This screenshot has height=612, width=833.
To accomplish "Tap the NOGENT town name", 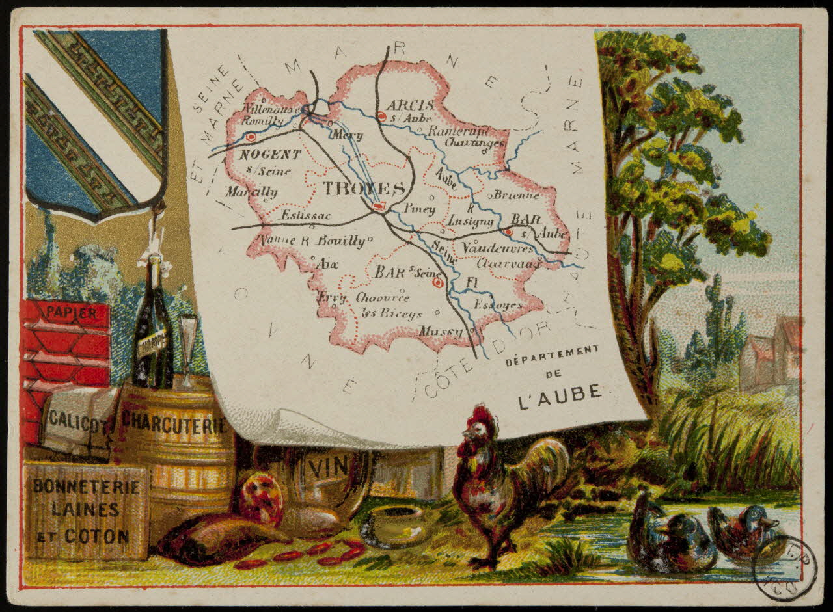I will pos(270,155).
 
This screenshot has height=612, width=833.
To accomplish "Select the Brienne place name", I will pos(516,194).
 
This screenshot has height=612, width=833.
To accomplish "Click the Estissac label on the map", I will pos(306,215).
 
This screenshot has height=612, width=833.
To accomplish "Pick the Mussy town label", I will pos(441,331).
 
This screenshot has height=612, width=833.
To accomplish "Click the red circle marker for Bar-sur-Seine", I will pos(438,282).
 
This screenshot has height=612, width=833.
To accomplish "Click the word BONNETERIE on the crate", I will pos(86,485).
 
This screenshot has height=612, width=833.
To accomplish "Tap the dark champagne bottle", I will pos(154,332).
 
